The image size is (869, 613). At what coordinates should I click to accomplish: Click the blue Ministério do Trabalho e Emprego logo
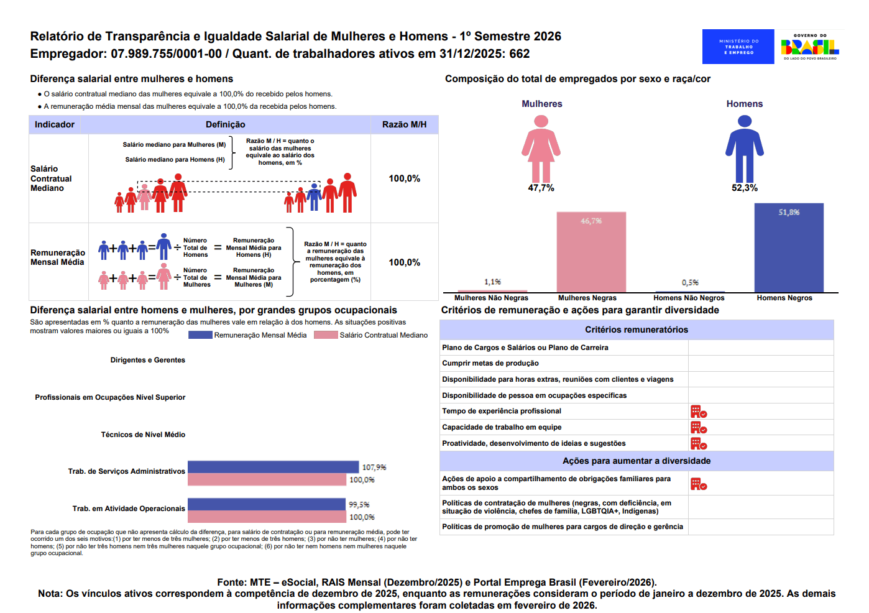tap(738, 47)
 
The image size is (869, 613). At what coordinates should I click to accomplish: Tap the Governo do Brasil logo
tap(810, 47)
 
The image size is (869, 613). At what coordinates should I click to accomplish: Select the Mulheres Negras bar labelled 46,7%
tap(591, 252)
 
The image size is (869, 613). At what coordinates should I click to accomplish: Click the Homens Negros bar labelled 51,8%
tap(789, 247)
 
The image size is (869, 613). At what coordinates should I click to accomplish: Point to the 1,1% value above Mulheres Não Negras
tap(492, 282)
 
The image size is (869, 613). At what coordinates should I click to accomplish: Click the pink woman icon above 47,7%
tap(541, 149)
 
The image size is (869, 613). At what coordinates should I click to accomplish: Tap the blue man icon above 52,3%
tap(745, 149)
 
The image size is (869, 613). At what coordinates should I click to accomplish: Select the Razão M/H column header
tap(404, 124)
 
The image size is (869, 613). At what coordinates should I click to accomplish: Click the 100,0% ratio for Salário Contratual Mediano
tap(404, 178)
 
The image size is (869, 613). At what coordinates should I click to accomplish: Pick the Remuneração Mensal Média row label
tap(57, 257)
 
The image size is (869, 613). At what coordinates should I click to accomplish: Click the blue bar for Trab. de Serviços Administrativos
tap(273, 467)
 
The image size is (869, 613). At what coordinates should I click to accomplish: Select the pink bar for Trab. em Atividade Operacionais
tap(267, 517)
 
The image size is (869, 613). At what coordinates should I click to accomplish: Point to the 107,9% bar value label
tap(374, 467)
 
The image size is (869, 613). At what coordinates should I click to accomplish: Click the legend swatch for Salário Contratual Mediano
tap(326, 335)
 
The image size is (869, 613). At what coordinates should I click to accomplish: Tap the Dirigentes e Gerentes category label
tap(148, 360)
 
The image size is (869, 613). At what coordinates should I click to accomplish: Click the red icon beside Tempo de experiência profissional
tap(698, 412)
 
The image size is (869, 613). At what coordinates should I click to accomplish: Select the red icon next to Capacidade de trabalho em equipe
tap(698, 428)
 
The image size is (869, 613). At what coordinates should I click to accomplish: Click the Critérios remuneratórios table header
tap(637, 330)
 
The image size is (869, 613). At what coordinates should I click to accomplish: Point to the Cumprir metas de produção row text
tap(490, 363)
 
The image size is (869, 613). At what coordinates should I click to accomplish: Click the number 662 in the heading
tap(520, 53)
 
